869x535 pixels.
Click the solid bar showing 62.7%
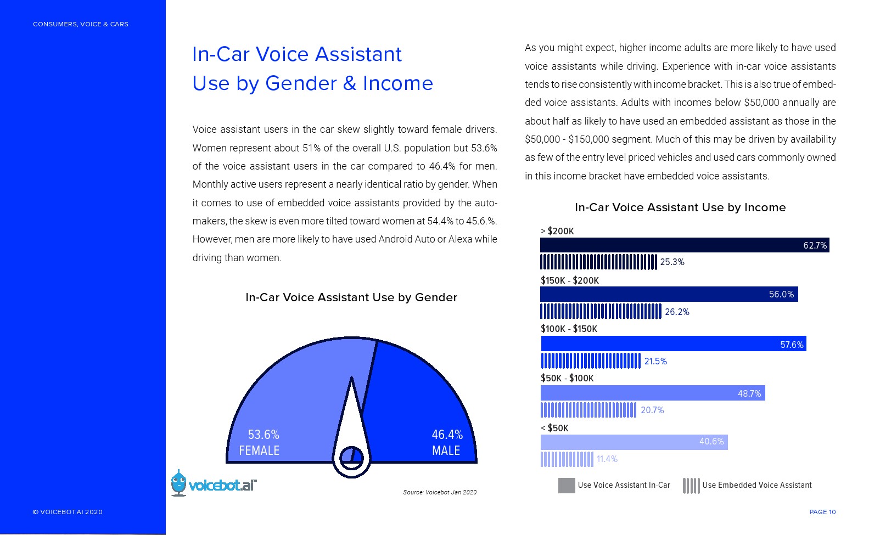684,245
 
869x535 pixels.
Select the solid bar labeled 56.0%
669,294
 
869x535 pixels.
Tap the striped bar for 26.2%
601,311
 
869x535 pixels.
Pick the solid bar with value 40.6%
633,442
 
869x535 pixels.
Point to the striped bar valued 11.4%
567,459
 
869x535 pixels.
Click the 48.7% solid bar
652,393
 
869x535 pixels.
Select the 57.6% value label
792,345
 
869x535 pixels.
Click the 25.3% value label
672,262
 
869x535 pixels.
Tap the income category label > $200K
557,231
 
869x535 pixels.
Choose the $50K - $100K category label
567,378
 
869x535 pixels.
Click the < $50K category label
554,428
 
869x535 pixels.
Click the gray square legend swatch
567,486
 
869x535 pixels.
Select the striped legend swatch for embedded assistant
691,486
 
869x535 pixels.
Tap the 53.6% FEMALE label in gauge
260,442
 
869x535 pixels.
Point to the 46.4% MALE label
447,442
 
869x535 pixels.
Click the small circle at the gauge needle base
351,457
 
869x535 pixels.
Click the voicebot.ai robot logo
178,483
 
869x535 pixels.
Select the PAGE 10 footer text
822,512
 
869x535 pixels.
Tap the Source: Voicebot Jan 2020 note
440,492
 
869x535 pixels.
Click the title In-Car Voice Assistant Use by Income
680,207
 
